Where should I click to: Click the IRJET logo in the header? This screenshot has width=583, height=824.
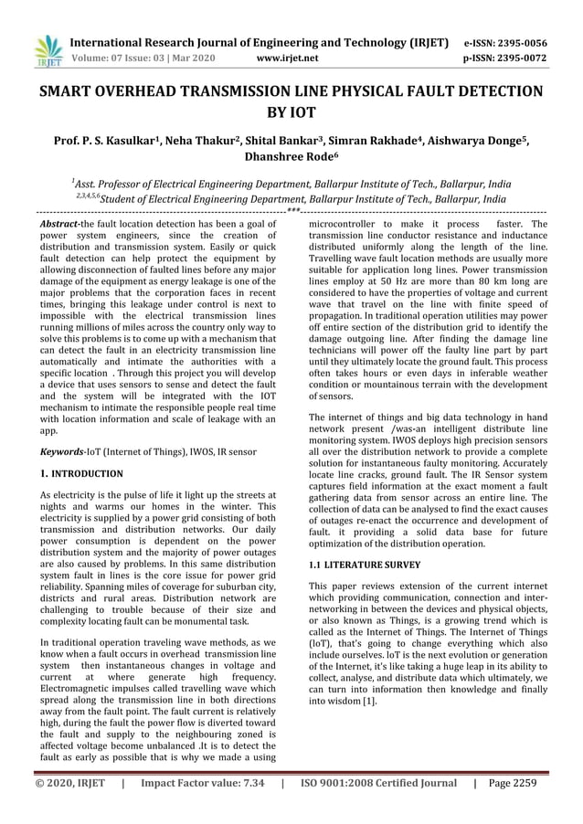pos(48,51)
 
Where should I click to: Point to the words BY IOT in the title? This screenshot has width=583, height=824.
pos(291,113)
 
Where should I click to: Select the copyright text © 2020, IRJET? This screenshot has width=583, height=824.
pos(70,783)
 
